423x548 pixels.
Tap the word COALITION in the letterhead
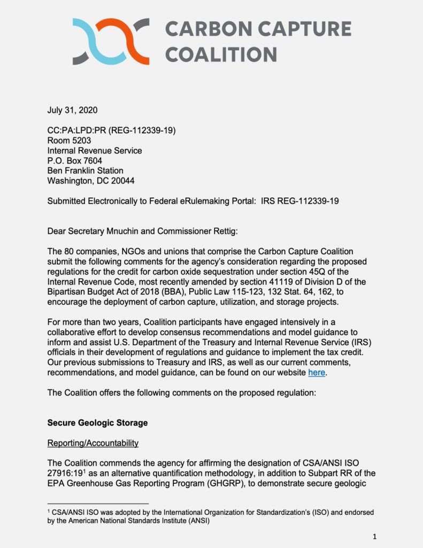tap(220, 54)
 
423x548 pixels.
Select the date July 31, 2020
tap(73, 111)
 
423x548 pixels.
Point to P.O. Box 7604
tap(75, 161)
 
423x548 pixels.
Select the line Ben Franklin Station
tap(84, 171)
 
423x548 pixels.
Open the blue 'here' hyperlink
tap(317, 372)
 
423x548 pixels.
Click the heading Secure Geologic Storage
tap(97, 423)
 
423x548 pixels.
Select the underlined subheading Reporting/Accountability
tap(93, 443)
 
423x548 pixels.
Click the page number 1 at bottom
tap(375, 536)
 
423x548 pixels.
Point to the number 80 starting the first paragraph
tap(69, 251)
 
